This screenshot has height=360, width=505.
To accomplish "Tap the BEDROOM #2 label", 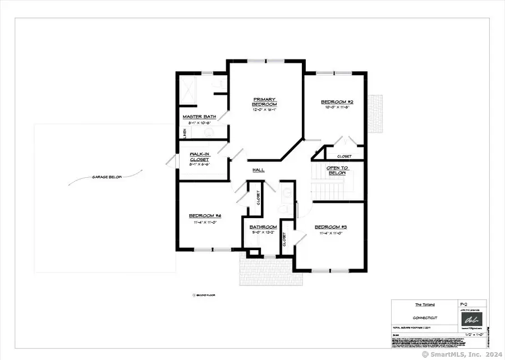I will [336, 102].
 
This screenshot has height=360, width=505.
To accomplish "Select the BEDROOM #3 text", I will [334, 227].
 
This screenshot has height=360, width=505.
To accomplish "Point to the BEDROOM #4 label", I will [204, 216].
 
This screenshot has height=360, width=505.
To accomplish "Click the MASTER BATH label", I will [196, 117].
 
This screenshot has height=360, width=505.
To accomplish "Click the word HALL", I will [258, 170].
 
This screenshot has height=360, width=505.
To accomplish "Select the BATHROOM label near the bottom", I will [260, 227].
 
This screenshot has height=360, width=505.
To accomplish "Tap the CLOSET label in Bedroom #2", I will [344, 156].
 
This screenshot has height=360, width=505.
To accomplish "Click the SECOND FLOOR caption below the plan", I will [206, 294].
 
